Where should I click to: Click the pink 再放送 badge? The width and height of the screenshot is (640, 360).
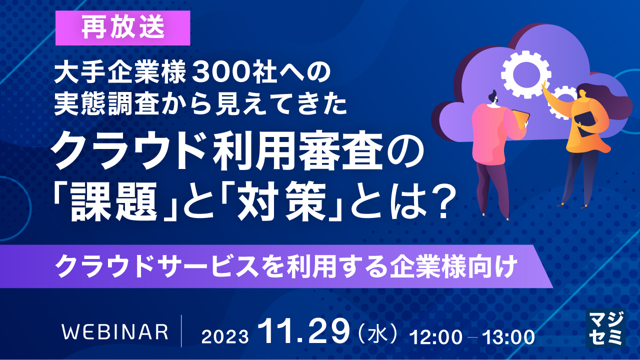pos(123,28)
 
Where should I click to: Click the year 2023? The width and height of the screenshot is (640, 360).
pos(225,336)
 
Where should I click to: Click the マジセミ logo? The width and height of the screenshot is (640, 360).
pos(605,327)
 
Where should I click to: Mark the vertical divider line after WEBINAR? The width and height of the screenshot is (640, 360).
pos(182,331)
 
